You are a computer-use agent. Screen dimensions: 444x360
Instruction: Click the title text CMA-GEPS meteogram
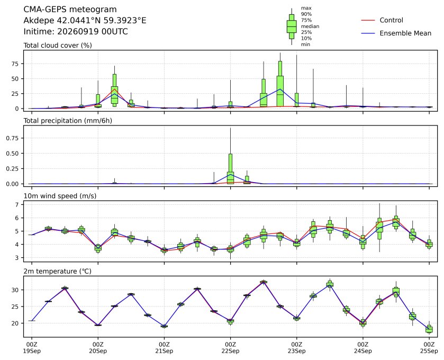click(70, 10)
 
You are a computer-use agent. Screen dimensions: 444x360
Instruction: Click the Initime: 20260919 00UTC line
click(75, 31)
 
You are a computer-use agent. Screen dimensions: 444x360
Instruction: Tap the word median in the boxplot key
click(310, 26)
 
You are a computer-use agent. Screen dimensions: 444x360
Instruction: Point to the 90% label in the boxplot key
click(306, 14)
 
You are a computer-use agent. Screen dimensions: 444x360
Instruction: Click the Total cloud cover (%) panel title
click(58, 46)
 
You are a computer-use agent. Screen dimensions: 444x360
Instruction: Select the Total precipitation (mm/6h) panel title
click(68, 121)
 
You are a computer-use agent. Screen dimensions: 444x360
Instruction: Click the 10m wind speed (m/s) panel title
click(60, 196)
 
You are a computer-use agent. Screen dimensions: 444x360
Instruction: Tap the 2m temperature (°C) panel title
click(57, 272)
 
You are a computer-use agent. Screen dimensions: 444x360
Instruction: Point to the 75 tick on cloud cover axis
click(15, 64)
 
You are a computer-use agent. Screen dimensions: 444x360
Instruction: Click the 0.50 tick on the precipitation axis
click(13, 153)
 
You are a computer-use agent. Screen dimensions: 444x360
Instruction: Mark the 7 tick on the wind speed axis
click(17, 204)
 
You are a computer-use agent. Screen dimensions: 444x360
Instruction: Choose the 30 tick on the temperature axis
click(15, 290)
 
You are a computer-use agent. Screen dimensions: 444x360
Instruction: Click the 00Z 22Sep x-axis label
click(231, 348)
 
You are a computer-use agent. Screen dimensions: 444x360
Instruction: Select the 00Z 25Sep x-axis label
click(429, 348)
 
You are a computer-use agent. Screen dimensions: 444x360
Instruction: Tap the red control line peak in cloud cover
click(114, 89)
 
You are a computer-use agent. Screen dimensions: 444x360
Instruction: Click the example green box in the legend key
click(292, 26)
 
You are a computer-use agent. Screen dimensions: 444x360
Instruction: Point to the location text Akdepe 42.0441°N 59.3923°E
click(85, 21)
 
